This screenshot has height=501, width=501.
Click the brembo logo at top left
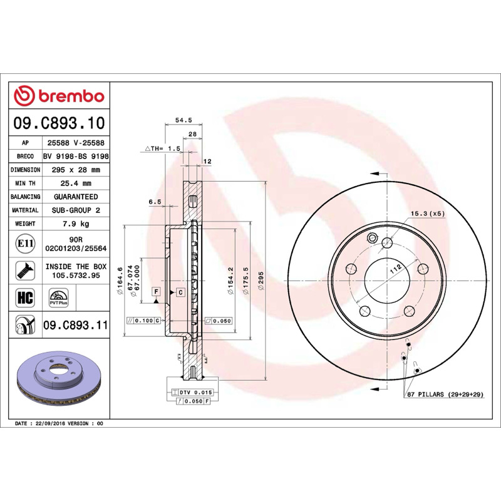59,96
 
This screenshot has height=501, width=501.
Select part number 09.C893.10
59,123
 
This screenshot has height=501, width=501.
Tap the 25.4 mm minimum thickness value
76,183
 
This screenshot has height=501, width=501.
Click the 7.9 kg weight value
76,224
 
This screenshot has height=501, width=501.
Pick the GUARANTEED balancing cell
76,197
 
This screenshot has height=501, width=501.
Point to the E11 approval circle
25,244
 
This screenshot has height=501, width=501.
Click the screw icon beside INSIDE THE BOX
25,271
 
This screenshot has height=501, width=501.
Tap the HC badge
25,297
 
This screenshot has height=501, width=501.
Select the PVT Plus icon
59,298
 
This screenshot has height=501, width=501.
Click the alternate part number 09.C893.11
76,325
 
